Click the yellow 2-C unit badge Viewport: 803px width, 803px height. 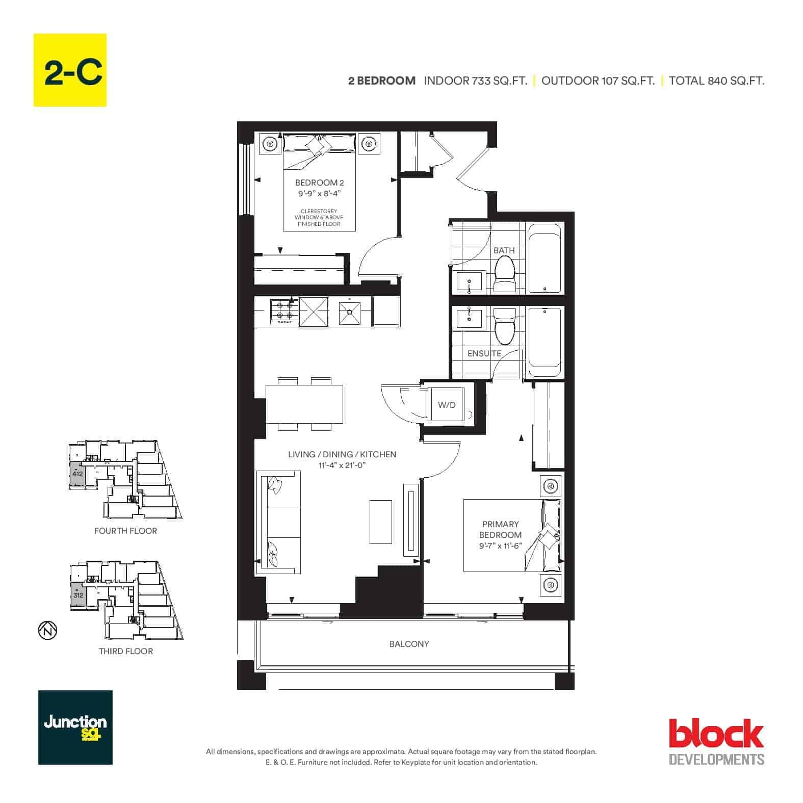point(70,70)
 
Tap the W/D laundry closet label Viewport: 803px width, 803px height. point(447,405)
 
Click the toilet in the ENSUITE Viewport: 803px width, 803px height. point(505,326)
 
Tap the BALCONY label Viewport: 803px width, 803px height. point(409,644)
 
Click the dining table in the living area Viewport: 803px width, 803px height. point(304,405)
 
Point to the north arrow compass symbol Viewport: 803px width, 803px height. point(47,630)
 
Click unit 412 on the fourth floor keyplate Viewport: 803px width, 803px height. point(77,474)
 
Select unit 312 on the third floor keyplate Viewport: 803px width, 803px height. point(78,594)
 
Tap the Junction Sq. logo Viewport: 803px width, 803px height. point(75,728)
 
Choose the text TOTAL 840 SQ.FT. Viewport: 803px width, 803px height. point(716,81)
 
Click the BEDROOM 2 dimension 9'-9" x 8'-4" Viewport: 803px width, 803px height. point(319,193)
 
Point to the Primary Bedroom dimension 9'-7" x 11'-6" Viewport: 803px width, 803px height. point(500,546)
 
